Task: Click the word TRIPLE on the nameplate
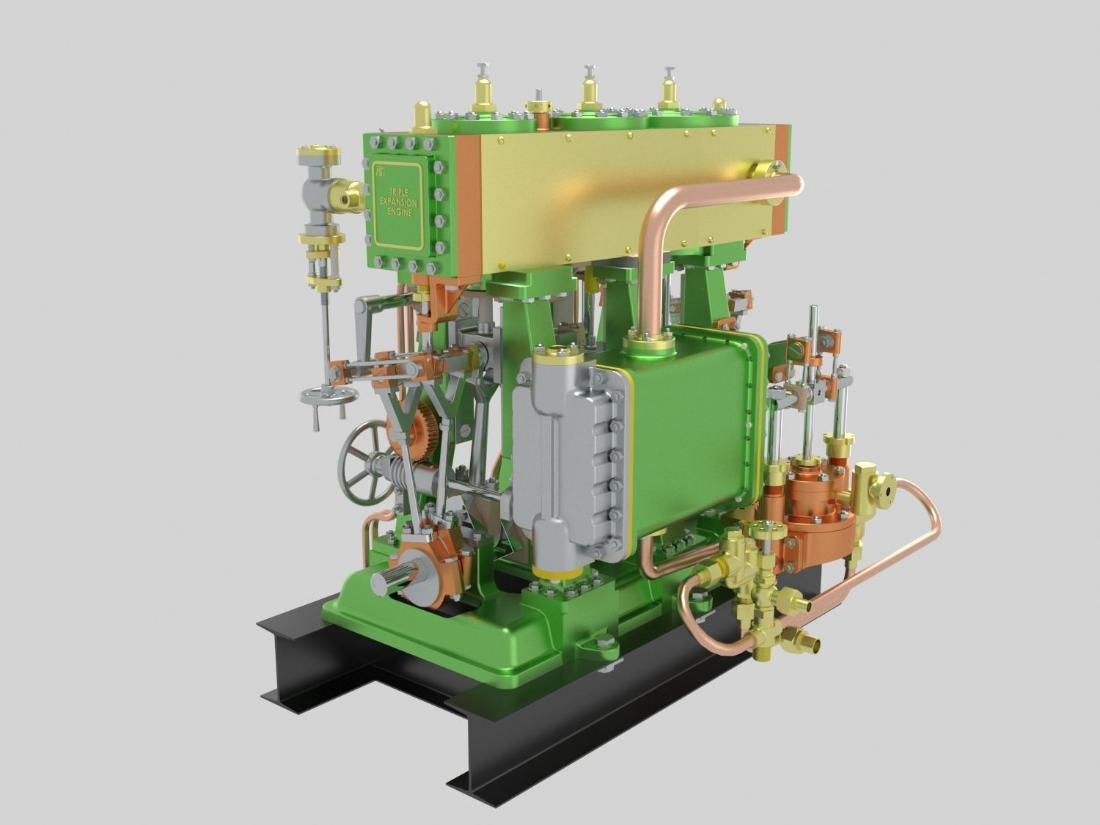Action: tap(397, 188)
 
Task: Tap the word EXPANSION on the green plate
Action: tap(398, 199)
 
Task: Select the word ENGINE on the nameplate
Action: tap(398, 211)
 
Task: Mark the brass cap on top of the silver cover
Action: tap(557, 358)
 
